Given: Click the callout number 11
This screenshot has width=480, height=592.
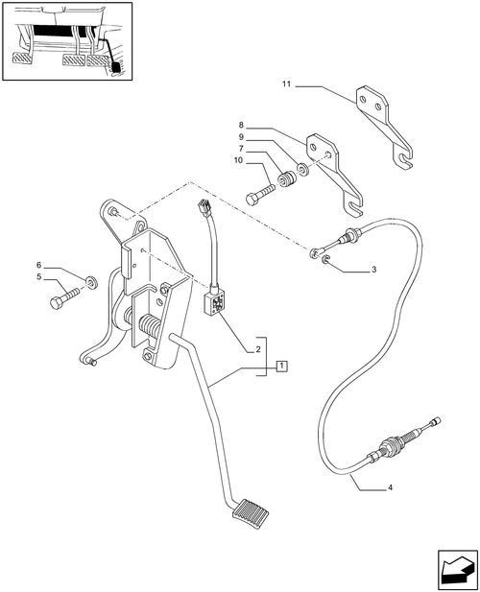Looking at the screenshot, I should pyautogui.click(x=286, y=86).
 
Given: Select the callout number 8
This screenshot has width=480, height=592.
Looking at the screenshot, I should pyautogui.click(x=243, y=124).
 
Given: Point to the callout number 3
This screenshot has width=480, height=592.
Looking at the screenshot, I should pyautogui.click(x=373, y=270).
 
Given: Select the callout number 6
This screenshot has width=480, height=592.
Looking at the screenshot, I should pyautogui.click(x=39, y=265).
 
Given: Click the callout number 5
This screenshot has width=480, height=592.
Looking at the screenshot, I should pyautogui.click(x=39, y=278).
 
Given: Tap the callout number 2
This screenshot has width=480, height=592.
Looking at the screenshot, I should pyautogui.click(x=256, y=351).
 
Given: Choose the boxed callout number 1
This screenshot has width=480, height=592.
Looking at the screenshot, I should pyautogui.click(x=281, y=366).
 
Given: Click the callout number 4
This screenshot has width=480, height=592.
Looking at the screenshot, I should pyautogui.click(x=390, y=488).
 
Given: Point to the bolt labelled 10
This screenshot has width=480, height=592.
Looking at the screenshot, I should pyautogui.click(x=264, y=195).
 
